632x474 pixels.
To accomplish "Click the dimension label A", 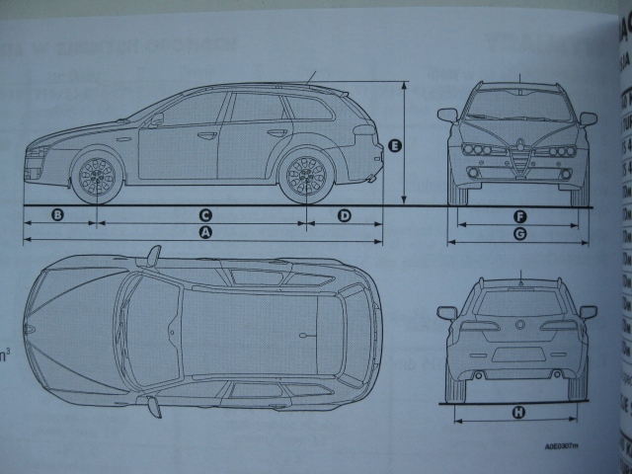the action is point(205,233).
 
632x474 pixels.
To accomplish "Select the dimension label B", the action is point(57,214).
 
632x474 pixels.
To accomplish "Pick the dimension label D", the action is point(345,214).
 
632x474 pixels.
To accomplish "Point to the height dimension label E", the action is point(394,146).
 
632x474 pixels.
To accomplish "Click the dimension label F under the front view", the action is point(519,215).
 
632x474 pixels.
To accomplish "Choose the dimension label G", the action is point(519,234).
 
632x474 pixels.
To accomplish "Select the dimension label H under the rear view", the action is point(519,412).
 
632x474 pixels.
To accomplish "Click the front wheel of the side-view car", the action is point(97,175).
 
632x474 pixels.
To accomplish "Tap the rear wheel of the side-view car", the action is point(306,175).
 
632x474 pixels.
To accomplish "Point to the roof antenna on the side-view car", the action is point(311,77).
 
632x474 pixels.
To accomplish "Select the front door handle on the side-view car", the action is point(207,135).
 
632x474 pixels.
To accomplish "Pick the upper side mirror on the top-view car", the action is point(153,257).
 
